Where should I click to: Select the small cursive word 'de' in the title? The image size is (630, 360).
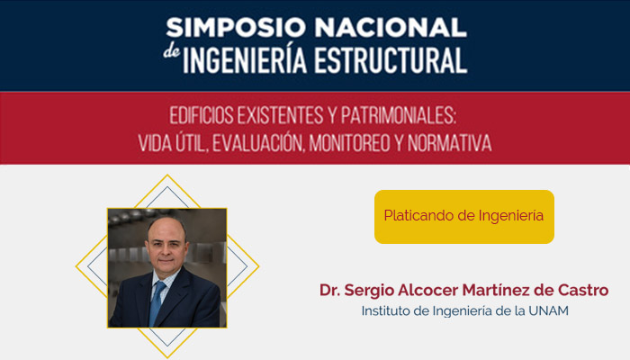(172, 54)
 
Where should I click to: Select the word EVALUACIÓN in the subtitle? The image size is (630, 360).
(261, 142)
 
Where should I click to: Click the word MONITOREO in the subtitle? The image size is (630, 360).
(365, 142)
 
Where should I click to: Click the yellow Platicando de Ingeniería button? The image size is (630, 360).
(463, 217)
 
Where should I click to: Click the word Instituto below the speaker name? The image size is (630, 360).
(388, 311)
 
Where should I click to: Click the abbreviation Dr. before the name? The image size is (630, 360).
(331, 291)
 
